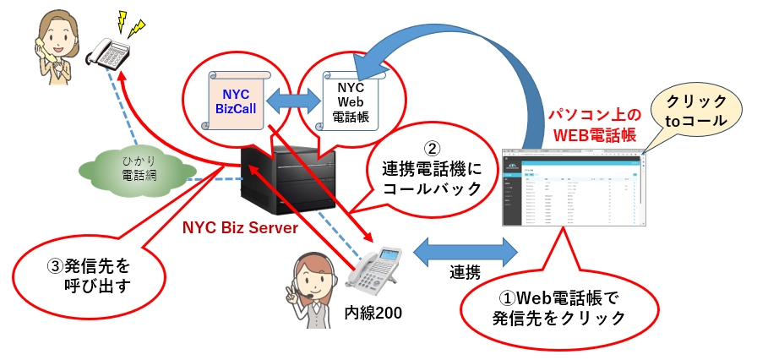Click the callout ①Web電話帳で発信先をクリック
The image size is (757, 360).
(x=558, y=308)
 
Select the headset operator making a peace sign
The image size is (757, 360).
(x=308, y=292)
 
